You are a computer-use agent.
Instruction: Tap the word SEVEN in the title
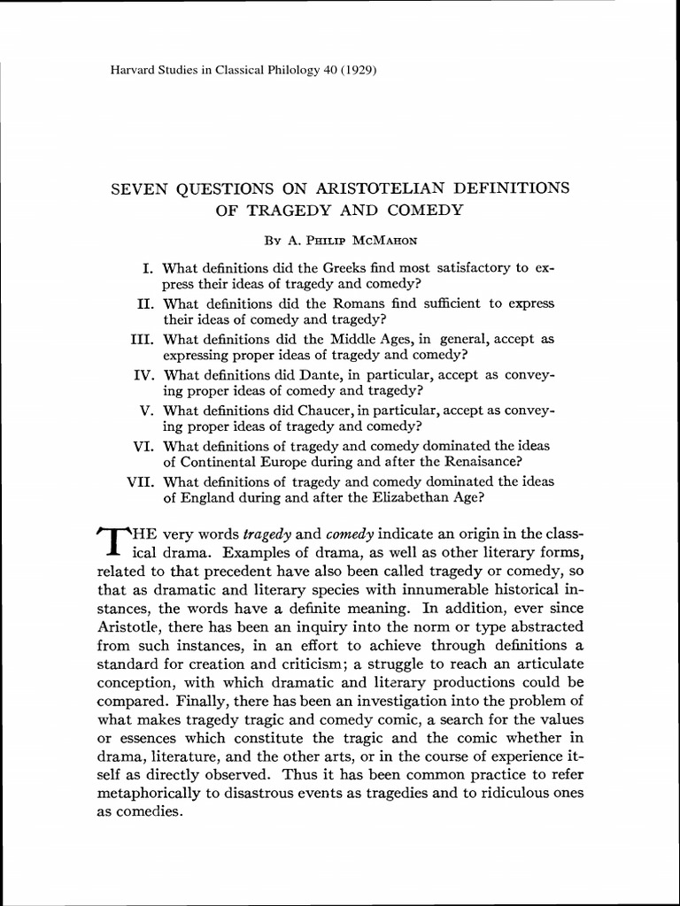coord(135,188)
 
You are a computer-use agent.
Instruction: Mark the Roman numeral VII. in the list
coord(141,481)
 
